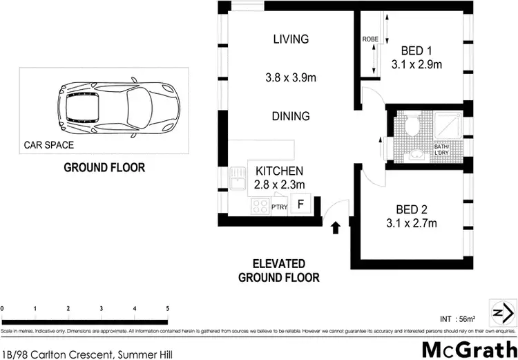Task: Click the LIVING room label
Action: (x=290, y=39)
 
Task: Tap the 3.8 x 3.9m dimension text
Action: (x=290, y=78)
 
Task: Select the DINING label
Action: (x=290, y=117)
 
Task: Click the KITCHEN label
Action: (x=280, y=171)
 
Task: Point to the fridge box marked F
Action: (x=300, y=205)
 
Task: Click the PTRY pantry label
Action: (x=279, y=207)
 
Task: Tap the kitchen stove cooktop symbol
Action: (x=260, y=205)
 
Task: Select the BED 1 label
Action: (x=417, y=50)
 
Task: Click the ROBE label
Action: (x=370, y=39)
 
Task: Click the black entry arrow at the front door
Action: (x=336, y=227)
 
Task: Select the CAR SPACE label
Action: (x=49, y=146)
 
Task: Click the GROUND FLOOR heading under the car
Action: (x=104, y=167)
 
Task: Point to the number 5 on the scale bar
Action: (x=167, y=307)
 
